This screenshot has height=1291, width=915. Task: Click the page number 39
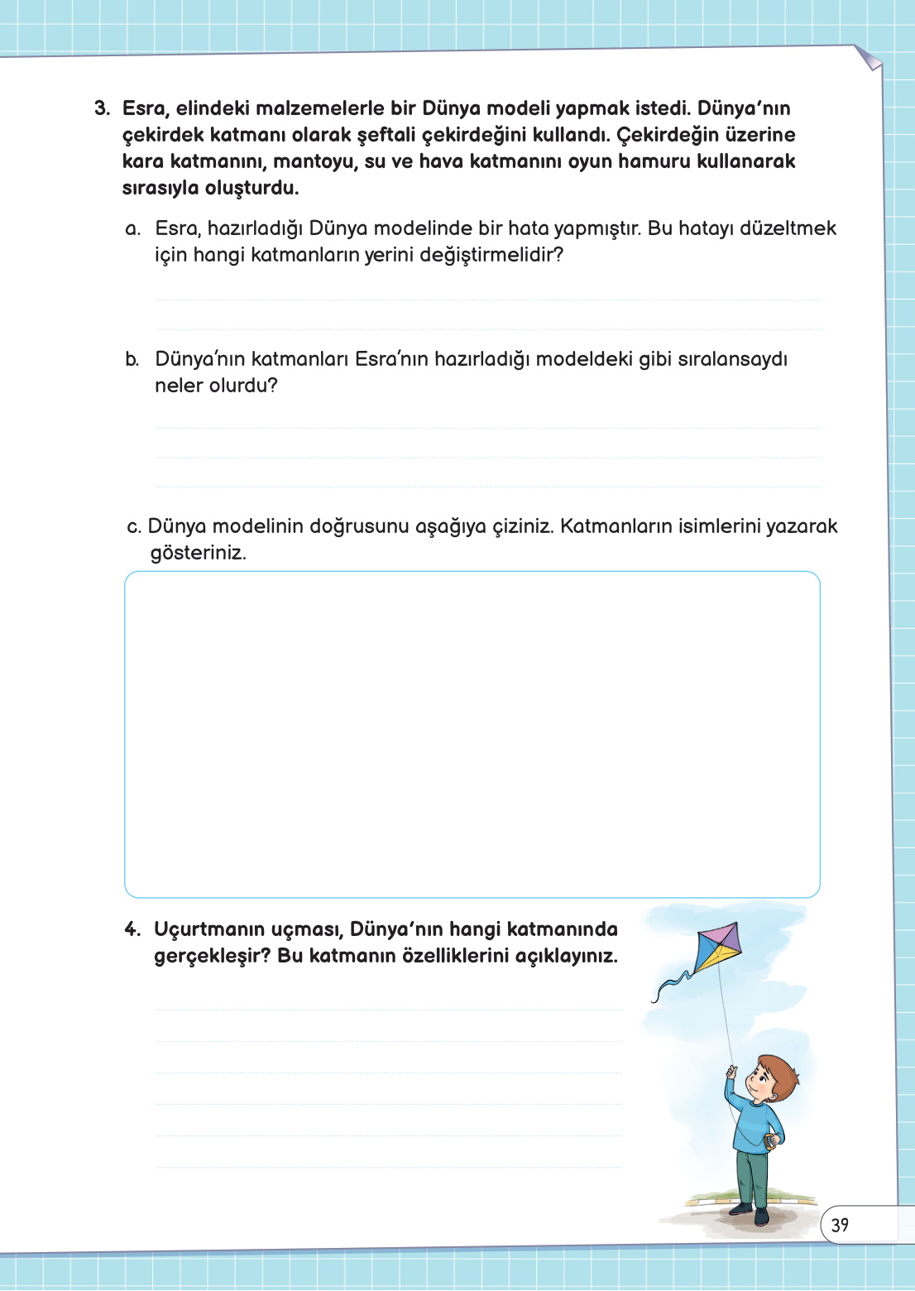840,1225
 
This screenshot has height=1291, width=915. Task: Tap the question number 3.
102,108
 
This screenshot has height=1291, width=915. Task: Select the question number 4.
132,929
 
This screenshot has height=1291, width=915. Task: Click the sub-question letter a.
133,229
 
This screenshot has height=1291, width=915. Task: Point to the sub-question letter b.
132,359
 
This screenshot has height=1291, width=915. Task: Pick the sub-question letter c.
133,527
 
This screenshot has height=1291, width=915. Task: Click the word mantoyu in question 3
314,161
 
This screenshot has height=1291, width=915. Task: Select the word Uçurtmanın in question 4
207,929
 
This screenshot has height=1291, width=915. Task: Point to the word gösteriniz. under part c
198,553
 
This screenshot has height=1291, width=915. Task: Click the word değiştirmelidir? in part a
491,255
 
